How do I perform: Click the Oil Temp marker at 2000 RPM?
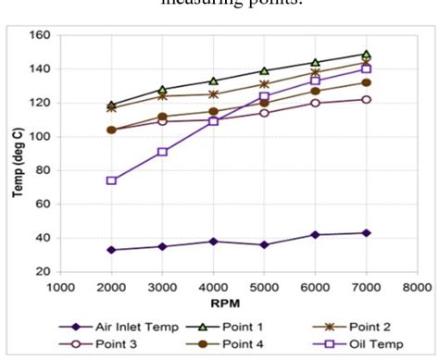coord(111,180)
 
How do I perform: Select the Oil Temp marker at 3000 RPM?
coord(162,152)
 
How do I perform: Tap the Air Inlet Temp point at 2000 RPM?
coord(111,250)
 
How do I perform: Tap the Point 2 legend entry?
coord(352,326)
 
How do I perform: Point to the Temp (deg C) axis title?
coord(17,153)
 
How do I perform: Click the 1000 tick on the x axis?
coord(60,286)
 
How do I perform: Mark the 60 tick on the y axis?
coord(43,204)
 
